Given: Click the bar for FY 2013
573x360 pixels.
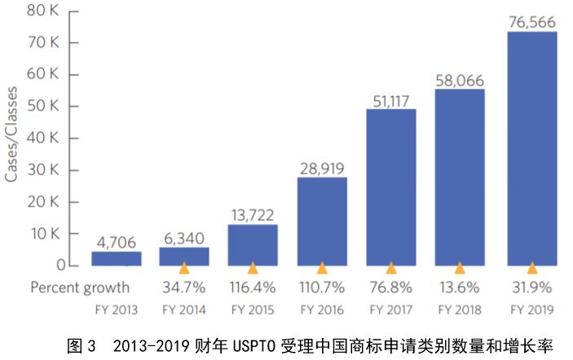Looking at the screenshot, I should [x=116, y=258].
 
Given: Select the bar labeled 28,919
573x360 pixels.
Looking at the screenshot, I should [x=322, y=221].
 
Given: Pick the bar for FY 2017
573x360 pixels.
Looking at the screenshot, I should [x=391, y=187].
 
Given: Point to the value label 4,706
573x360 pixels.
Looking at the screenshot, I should [x=116, y=242].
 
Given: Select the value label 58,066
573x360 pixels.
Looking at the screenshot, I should [x=461, y=79].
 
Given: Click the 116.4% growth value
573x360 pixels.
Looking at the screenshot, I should [x=253, y=288].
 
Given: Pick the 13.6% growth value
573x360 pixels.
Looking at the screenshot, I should [x=461, y=288].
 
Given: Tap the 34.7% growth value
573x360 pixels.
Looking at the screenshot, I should [x=184, y=288].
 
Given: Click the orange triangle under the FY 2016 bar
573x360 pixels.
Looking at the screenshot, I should [x=322, y=268].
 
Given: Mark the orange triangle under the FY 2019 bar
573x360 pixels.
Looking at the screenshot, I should [x=531, y=268].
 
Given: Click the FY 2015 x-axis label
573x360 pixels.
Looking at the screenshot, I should [x=253, y=310].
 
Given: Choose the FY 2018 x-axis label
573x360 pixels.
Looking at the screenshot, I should [x=461, y=310].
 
